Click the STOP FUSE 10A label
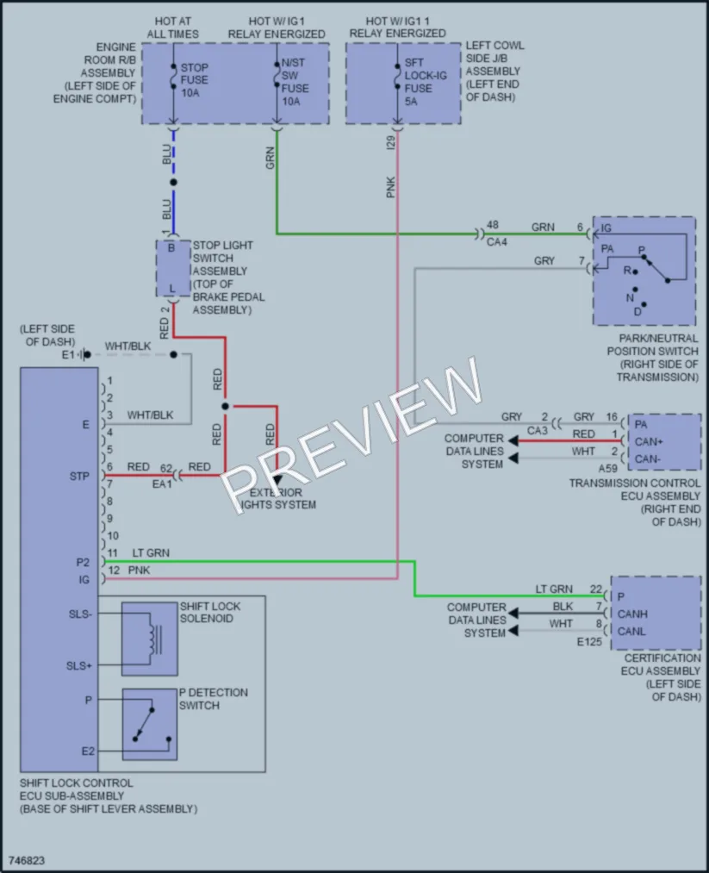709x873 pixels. point(194,79)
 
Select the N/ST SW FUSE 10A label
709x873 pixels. point(295,82)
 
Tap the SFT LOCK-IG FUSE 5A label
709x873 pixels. point(426,82)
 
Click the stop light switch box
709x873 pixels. point(173,269)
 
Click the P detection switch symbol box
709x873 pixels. point(150,725)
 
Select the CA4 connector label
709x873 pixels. point(497,242)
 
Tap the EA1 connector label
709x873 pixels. point(162,484)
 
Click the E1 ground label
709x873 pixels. point(68,355)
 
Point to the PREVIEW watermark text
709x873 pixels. point(351,434)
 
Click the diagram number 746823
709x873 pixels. point(27,860)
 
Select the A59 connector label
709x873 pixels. point(607,468)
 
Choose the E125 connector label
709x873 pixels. point(589,642)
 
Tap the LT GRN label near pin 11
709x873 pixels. point(151,553)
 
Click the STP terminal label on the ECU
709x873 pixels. point(79,476)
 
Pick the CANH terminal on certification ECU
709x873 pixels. point(632,614)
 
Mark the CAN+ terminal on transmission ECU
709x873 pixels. point(649,441)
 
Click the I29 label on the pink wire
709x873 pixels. point(390,142)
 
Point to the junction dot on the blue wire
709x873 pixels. point(174,182)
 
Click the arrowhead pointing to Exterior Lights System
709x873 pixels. point(277,479)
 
